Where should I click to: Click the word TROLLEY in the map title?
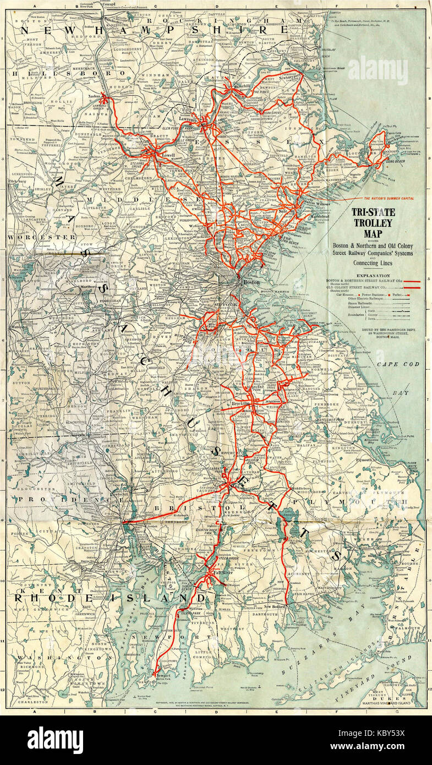coord(373,223)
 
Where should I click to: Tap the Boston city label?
coord(251,282)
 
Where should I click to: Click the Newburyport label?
coord(287,78)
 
